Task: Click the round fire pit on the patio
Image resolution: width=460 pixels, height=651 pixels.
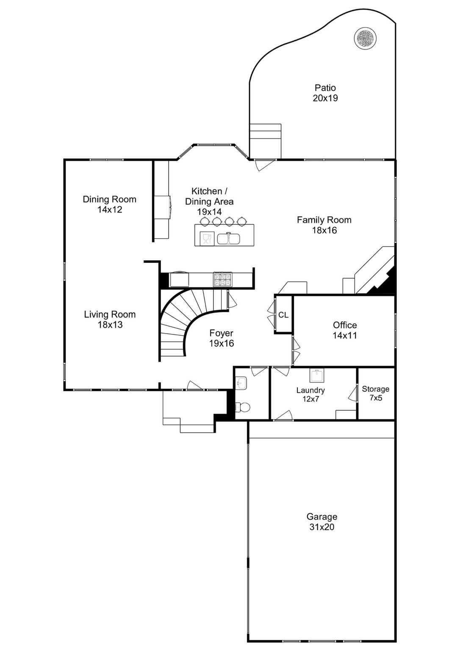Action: click(365, 38)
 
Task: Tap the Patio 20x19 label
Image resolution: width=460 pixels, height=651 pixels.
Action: click(325, 93)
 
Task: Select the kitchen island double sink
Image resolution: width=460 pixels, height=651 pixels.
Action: click(229, 239)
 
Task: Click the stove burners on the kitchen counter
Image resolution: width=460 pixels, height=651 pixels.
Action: click(223, 280)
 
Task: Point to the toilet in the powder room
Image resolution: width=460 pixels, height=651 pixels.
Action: click(242, 408)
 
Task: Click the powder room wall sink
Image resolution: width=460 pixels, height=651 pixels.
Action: click(241, 384)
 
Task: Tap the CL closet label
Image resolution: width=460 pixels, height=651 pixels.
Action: click(283, 315)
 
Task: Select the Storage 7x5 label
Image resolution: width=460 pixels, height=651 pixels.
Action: click(376, 393)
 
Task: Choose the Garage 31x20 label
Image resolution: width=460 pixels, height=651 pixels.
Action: click(322, 522)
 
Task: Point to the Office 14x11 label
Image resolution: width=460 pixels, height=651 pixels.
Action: click(345, 330)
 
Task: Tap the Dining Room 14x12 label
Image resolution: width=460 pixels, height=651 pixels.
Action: click(109, 204)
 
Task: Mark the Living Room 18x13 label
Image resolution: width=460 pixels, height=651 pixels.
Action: click(110, 319)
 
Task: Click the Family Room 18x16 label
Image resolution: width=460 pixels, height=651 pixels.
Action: click(324, 225)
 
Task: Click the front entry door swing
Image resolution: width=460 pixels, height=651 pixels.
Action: click(195, 385)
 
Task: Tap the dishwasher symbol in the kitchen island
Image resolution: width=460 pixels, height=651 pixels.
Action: click(207, 239)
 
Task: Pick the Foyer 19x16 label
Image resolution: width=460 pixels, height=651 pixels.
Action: click(221, 338)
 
